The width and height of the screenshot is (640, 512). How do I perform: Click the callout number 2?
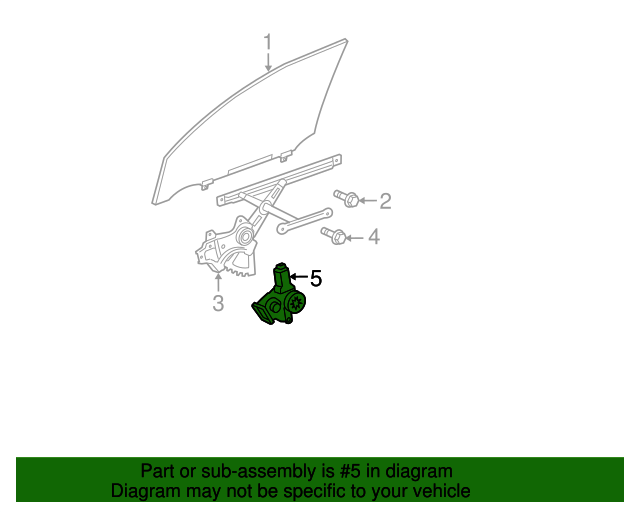(384, 201)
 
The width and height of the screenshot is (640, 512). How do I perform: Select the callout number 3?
(218, 303)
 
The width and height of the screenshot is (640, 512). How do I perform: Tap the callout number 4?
(374, 237)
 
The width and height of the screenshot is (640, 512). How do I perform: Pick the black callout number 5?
(316, 279)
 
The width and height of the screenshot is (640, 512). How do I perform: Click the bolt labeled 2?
(345, 198)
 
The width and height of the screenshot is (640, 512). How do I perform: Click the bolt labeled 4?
(334, 236)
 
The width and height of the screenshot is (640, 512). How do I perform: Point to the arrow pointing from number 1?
(267, 62)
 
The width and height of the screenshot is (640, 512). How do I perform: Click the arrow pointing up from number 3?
(218, 281)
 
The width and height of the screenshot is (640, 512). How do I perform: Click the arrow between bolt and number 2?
(367, 201)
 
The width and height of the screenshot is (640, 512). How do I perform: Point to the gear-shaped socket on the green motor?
(297, 302)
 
